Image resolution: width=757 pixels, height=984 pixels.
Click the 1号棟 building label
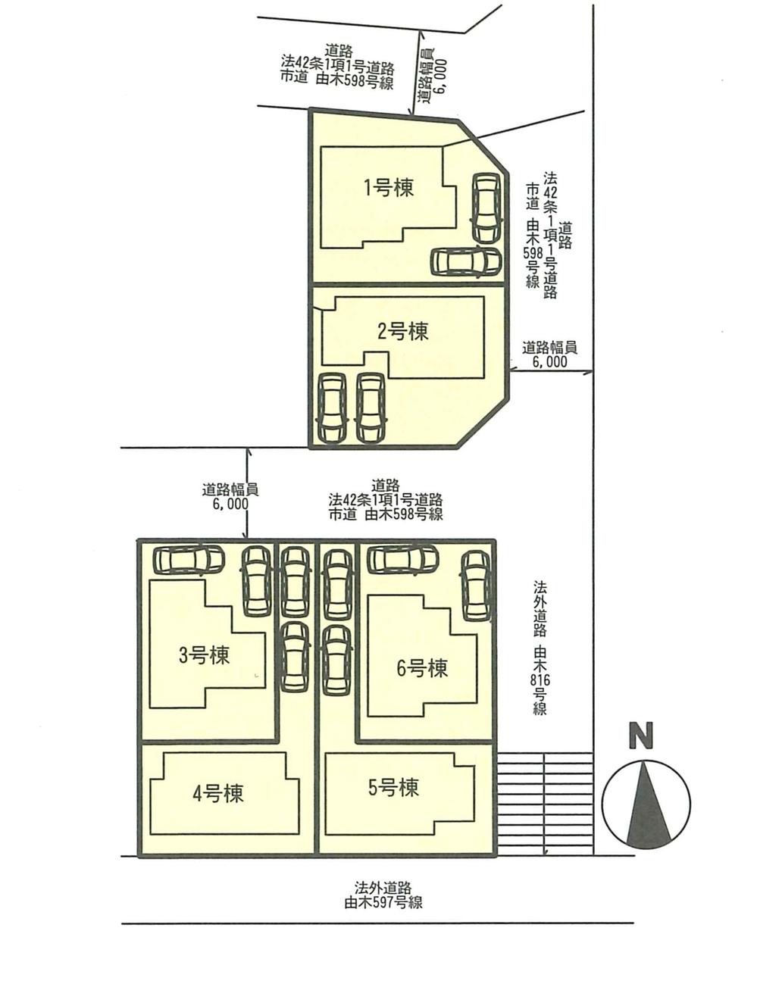[x=389, y=188]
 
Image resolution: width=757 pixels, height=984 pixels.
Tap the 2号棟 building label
[x=403, y=331]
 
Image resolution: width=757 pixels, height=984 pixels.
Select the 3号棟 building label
[x=204, y=656]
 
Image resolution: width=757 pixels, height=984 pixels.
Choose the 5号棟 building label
[x=393, y=788]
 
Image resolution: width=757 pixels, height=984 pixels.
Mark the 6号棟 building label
[x=422, y=668]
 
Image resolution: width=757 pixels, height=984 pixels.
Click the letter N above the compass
[x=641, y=736]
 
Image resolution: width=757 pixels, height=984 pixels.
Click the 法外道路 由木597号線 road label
[x=383, y=895]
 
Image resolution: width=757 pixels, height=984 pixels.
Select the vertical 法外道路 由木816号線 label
[x=540, y=648]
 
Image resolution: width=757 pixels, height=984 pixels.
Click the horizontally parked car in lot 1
[x=466, y=262]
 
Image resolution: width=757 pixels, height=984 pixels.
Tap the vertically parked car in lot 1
[x=486, y=208]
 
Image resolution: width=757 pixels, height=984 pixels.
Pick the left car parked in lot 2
[x=332, y=408]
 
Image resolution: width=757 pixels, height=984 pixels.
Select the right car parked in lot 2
[x=371, y=408]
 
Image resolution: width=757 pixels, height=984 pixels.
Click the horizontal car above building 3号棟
[x=189, y=560]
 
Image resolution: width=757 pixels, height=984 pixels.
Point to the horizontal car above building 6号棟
[x=402, y=559]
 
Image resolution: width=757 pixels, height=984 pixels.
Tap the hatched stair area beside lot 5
[x=545, y=803]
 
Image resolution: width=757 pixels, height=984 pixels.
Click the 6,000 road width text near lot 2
[x=549, y=362]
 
